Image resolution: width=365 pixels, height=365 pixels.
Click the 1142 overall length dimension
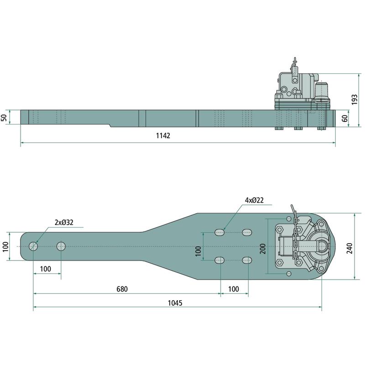[x=163, y=136]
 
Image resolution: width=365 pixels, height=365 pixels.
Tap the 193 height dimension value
[x=355, y=99]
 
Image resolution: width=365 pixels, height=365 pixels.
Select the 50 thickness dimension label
[x=5, y=118]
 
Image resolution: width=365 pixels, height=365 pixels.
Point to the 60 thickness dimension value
[x=345, y=118]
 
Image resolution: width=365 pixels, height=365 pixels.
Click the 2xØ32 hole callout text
[x=64, y=223]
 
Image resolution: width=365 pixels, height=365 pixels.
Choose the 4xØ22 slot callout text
[x=254, y=200]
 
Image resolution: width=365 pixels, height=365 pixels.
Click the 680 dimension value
[x=122, y=289]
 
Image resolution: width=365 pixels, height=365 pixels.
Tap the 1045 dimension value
[x=175, y=303]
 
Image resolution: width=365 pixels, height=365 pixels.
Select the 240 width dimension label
[x=349, y=248]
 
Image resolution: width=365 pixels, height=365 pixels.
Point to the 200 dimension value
[x=263, y=249]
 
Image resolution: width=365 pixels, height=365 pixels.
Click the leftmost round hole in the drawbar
[x=33, y=246]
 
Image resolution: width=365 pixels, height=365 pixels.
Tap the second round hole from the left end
[x=61, y=246]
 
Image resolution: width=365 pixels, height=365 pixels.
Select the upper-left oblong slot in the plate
[x=219, y=232]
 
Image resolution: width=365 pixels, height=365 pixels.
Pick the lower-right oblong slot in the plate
[x=247, y=260]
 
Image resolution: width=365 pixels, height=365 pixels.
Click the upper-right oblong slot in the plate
[x=247, y=232]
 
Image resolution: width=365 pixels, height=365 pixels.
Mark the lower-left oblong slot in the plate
[x=219, y=260]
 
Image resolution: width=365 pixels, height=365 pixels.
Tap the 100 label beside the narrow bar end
[x=5, y=246]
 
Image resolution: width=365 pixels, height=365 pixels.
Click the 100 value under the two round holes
[x=45, y=269]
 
